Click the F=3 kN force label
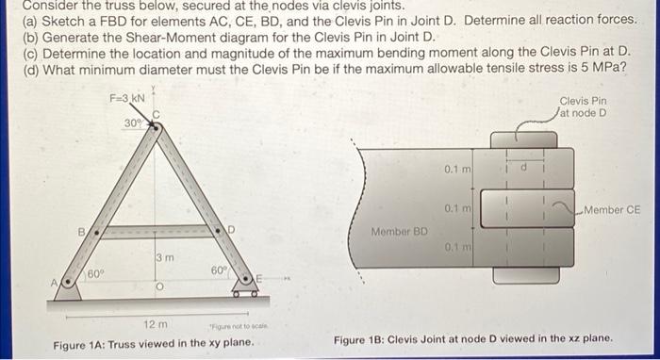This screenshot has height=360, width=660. point(126,97)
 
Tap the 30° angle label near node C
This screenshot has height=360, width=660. point(132,123)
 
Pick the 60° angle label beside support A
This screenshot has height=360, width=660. point(94,273)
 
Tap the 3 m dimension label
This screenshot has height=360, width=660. point(164,255)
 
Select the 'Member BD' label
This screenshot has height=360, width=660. point(398,230)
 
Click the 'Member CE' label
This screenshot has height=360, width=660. point(612,209)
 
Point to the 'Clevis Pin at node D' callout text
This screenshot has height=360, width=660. point(583,106)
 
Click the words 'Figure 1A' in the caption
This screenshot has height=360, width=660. point(81,344)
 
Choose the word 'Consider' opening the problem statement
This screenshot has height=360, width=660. point(49,6)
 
